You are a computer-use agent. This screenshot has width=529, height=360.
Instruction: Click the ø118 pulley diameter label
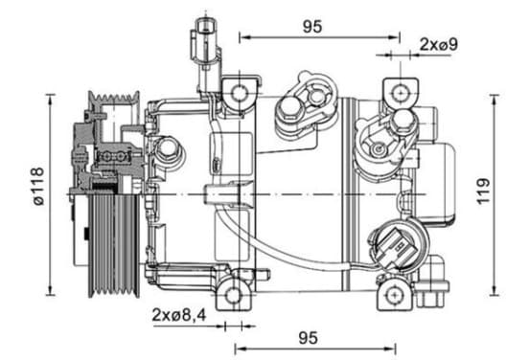[x=39, y=186]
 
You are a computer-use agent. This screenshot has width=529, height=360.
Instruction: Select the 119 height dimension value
[x=484, y=191]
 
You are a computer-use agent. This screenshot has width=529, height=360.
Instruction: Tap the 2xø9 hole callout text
[x=439, y=44]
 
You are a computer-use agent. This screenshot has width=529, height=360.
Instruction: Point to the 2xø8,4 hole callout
[x=178, y=315]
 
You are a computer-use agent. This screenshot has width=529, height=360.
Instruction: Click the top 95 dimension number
[x=312, y=27]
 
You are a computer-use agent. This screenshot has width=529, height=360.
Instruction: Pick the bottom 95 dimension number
[x=308, y=338]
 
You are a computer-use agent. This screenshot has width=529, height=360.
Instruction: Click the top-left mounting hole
[x=240, y=94]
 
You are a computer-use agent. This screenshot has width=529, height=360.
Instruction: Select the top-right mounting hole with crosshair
[x=401, y=92]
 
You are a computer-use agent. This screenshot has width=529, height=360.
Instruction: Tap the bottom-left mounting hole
[x=233, y=296]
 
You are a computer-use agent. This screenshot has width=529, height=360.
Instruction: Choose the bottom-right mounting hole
[x=394, y=295]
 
